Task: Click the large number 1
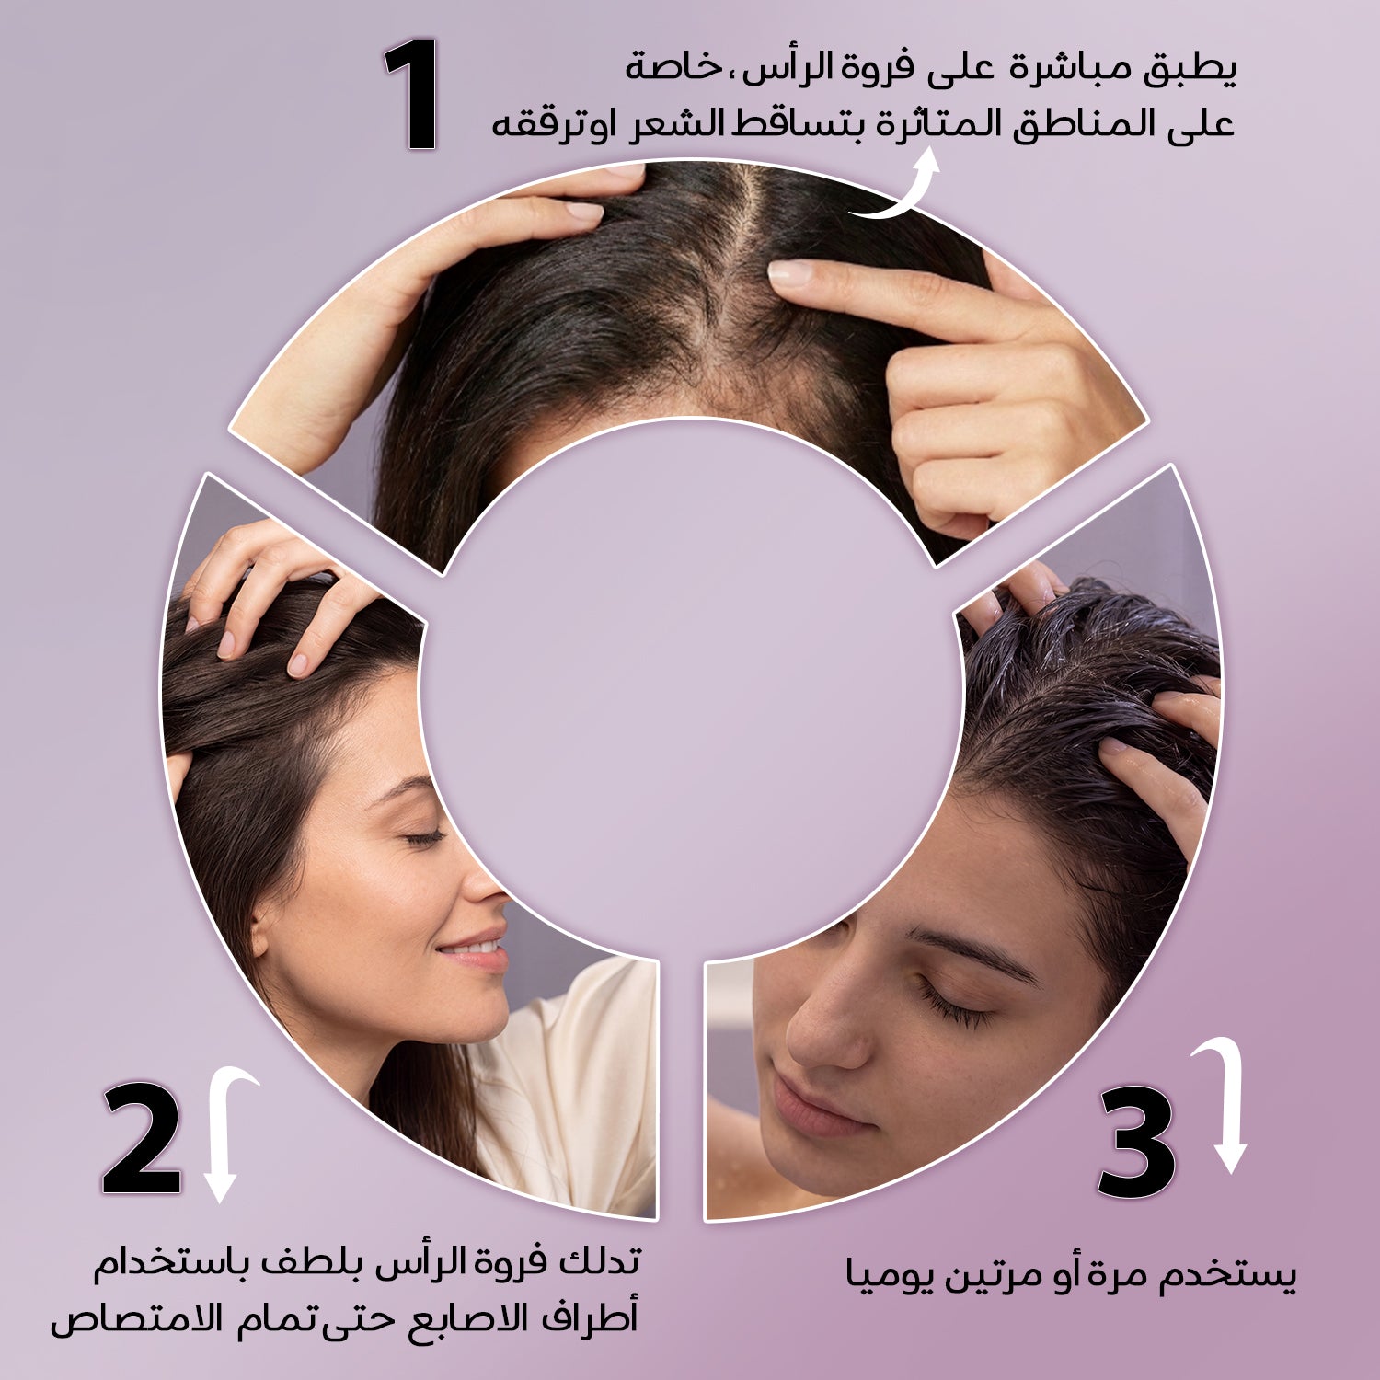click(412, 94)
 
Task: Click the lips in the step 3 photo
click(810, 1104)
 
